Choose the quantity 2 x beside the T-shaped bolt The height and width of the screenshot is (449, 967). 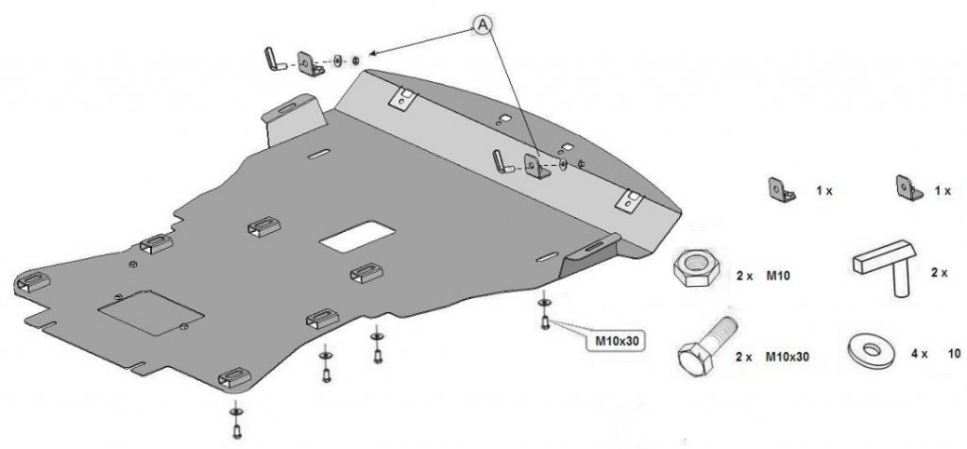tap(939, 272)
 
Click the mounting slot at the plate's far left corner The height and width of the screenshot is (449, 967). tap(32, 280)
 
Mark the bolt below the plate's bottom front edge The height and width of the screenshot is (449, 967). tap(235, 424)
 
